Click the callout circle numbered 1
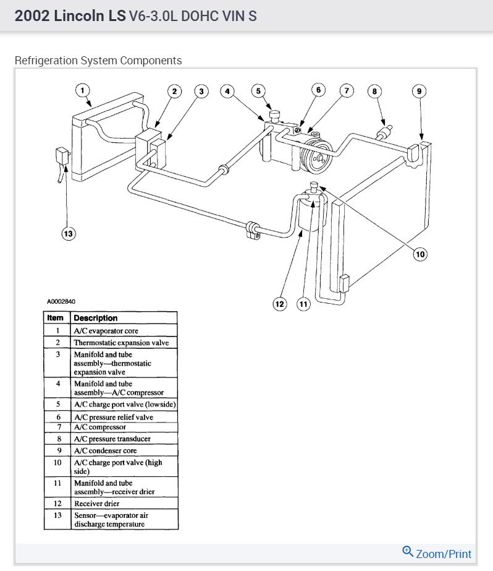point(83,91)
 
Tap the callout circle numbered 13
point(68,233)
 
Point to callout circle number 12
point(280,304)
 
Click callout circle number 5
point(258,92)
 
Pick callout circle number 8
point(373,92)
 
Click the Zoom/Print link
point(443,554)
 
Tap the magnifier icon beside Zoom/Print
point(408,552)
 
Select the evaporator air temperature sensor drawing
point(62,157)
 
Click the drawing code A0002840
point(61,302)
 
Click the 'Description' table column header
point(95,318)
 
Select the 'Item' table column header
point(56,318)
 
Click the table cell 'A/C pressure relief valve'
point(113,417)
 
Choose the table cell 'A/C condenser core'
point(105,450)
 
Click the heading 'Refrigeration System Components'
point(98,61)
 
